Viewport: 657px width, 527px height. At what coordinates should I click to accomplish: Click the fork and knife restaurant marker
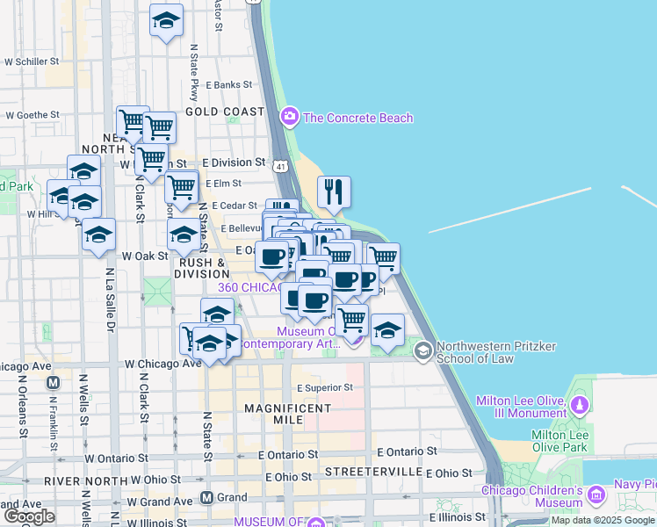(x=334, y=193)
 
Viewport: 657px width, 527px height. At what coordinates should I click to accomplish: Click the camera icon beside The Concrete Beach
(x=289, y=116)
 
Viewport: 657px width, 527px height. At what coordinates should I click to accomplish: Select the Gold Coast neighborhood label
(x=225, y=112)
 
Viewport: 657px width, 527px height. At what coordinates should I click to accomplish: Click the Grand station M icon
(x=207, y=498)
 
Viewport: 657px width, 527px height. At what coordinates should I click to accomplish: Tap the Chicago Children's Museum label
(x=532, y=497)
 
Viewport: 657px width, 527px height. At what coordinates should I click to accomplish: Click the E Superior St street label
(x=324, y=387)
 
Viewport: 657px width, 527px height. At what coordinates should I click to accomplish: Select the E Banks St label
(x=229, y=85)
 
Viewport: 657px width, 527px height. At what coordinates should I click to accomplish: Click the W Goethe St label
(x=32, y=114)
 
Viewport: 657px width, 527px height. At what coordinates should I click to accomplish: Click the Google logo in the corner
(x=29, y=516)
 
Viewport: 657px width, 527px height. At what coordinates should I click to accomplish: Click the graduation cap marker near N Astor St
(x=166, y=21)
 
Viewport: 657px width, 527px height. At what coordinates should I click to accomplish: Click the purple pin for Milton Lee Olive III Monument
(x=579, y=406)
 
